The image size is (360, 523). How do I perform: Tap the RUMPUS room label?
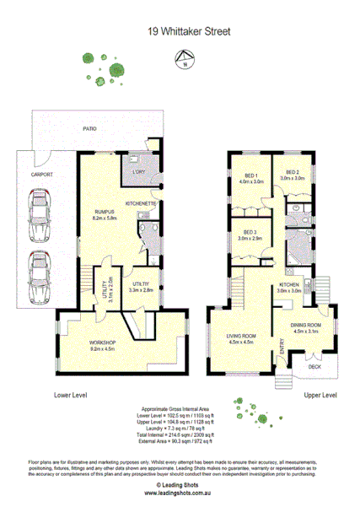[x=105, y=213]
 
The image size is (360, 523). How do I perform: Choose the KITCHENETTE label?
[x=140, y=204]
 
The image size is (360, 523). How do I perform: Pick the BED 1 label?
[x=250, y=175]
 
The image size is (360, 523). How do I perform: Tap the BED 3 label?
[x=250, y=232]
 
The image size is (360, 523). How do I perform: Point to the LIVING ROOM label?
[x=240, y=337]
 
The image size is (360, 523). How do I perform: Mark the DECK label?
[x=314, y=366]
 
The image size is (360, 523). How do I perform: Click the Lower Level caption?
[x=73, y=395]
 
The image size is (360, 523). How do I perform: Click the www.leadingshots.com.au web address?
[x=180, y=493]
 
